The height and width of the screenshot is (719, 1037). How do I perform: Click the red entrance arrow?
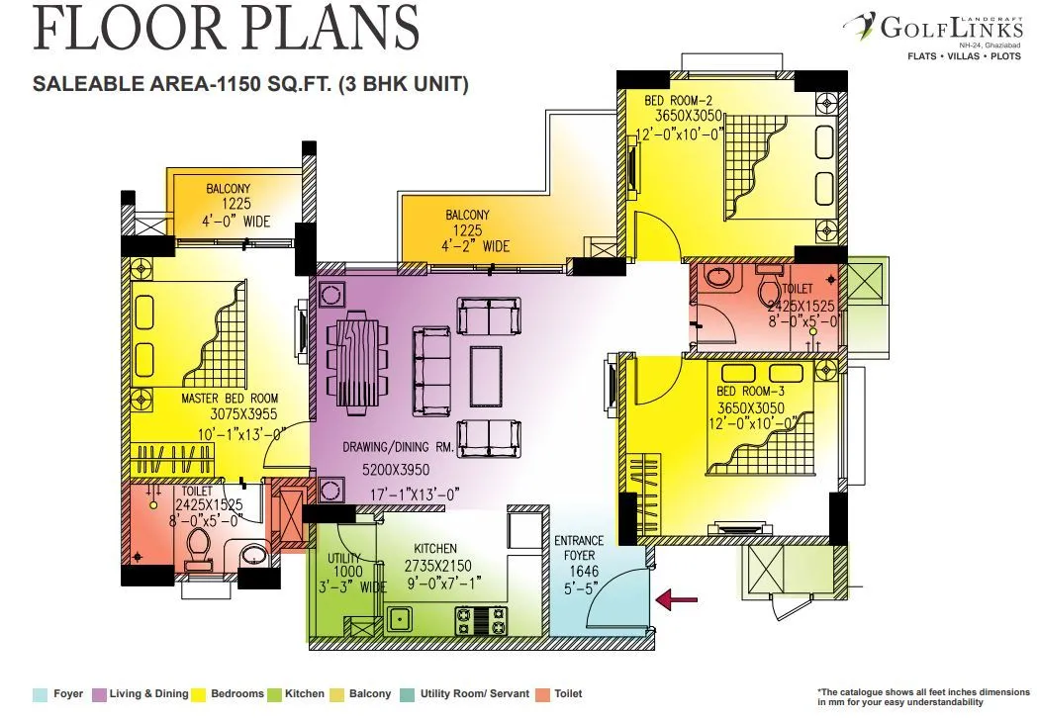pos(678,597)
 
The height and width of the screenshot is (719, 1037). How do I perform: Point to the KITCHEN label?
pos(435,548)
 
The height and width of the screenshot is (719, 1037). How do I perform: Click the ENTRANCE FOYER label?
pos(579,548)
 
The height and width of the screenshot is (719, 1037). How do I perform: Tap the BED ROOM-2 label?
pos(679,100)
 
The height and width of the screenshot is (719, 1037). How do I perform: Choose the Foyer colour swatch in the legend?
pos(40,694)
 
